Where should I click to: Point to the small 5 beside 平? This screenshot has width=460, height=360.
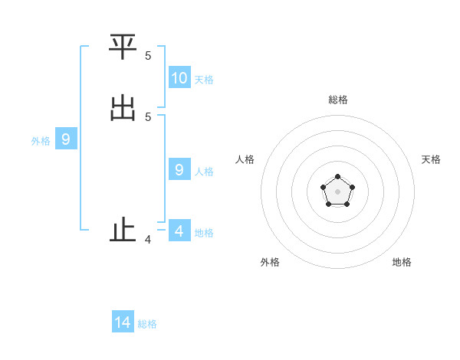[x=148, y=55]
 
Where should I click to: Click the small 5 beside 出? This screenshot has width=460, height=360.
[x=148, y=116]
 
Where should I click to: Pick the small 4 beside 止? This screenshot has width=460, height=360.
[x=148, y=240]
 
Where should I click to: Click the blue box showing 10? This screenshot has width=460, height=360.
[x=179, y=77]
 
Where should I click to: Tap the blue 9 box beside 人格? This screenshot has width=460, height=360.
[x=179, y=169]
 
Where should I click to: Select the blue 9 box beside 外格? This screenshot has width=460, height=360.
[x=66, y=139]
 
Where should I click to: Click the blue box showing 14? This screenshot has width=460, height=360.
[x=123, y=322]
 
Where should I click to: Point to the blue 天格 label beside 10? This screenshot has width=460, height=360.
[x=204, y=80]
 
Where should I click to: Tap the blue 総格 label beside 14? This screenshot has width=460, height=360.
[x=147, y=324]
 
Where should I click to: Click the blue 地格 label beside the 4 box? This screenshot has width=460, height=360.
[x=204, y=233]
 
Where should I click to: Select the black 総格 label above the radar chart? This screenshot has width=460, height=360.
[x=338, y=100]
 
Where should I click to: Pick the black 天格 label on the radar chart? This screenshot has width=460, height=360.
[x=431, y=159]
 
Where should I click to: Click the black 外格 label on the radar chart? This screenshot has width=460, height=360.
[x=270, y=262]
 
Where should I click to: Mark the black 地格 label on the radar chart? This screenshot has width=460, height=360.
[x=402, y=262]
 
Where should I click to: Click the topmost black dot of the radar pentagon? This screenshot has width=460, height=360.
[x=337, y=177]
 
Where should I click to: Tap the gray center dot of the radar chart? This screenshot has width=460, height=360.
[x=337, y=191]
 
